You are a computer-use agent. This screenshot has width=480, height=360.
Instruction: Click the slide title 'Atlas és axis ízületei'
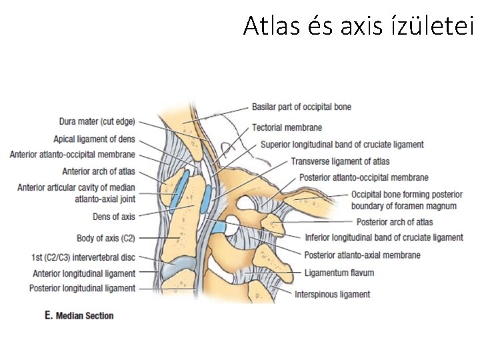pyautogui.click(x=358, y=26)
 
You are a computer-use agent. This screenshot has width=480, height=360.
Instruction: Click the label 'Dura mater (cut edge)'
pyautogui.click(x=97, y=122)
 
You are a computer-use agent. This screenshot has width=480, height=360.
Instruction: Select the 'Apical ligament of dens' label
pyautogui.click(x=94, y=139)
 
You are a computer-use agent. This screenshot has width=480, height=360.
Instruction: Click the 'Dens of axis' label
pyautogui.click(x=114, y=217)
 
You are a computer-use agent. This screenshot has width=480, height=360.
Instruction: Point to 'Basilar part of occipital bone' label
pyautogui.click(x=301, y=107)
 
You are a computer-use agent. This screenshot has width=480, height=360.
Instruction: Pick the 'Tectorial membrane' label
pyautogui.click(x=287, y=127)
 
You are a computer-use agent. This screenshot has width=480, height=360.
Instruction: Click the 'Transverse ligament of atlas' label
pyautogui.click(x=340, y=161)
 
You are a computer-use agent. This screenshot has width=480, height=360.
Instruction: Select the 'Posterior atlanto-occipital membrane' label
pyautogui.click(x=363, y=178)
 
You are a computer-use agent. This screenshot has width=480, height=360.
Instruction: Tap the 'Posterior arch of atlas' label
pyautogui.click(x=395, y=222)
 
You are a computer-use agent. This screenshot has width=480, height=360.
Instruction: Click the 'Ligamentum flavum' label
pyautogui.click(x=339, y=273)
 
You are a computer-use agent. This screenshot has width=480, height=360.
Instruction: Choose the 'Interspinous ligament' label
pyautogui.click(x=332, y=294)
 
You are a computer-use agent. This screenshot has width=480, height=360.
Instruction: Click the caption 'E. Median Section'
pyautogui.click(x=79, y=315)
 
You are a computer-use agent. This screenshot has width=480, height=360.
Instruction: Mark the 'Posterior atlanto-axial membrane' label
pyautogui.click(x=362, y=255)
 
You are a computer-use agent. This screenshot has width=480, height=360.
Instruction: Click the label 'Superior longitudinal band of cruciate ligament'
pyautogui.click(x=342, y=145)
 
